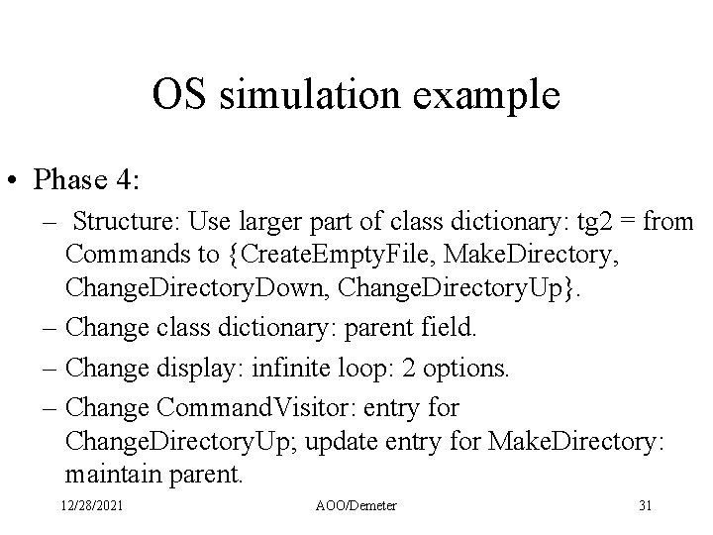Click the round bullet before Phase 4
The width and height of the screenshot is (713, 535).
pyautogui.click(x=18, y=181)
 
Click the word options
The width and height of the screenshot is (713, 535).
pyautogui.click(x=463, y=370)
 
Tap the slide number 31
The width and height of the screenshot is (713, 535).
pyautogui.click(x=646, y=506)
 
